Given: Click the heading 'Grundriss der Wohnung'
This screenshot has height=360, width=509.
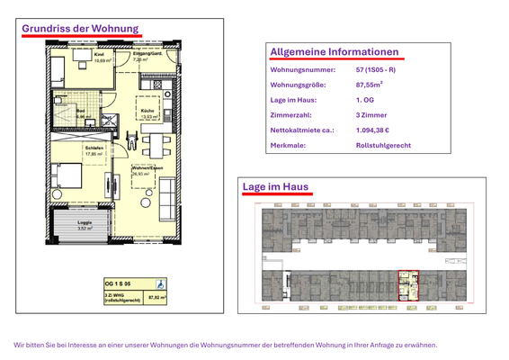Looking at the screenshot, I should click(81, 29).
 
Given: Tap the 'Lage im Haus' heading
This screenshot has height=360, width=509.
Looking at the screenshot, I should click(276, 186).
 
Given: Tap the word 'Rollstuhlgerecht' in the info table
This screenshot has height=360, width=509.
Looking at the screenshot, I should click(384, 145).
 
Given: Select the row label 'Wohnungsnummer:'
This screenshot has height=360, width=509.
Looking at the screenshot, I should click(303, 69).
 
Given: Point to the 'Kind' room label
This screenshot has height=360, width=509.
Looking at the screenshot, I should click(99, 55).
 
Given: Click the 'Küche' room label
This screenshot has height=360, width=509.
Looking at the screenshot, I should click(149, 111).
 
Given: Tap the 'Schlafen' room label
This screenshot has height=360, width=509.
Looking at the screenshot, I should click(94, 148).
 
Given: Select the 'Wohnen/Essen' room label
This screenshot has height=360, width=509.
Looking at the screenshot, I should click(147, 167).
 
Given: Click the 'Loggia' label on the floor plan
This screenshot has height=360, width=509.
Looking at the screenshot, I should click(85, 223).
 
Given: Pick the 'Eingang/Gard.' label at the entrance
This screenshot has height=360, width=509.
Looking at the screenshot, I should click(147, 55).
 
